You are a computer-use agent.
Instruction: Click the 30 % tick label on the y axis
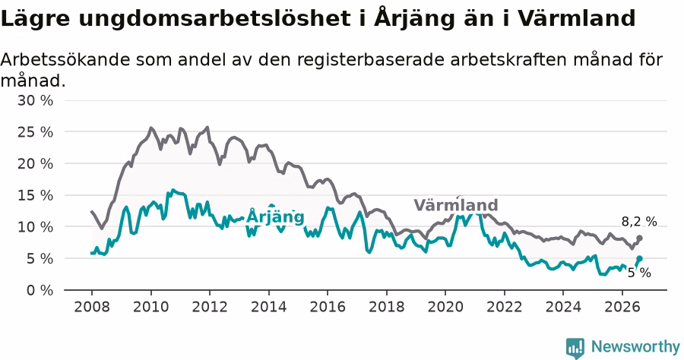[35, 101]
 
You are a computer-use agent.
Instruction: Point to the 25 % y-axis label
[35, 132]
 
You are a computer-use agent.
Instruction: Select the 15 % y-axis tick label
[35, 195]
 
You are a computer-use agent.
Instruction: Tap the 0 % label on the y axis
[40, 290]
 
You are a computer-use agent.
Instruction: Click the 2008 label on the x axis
[92, 307]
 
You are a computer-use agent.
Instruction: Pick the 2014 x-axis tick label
[269, 307]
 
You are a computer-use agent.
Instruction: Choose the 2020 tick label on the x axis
[445, 307]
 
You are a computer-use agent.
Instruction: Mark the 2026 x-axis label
[622, 307]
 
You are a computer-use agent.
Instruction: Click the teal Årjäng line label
[275, 216]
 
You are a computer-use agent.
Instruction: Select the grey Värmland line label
[456, 205]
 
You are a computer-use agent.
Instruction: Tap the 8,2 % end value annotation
[639, 222]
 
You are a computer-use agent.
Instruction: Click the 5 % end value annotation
[639, 273]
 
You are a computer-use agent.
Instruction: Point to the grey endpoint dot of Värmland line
[639, 238]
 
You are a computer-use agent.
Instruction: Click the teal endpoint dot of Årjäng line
[639, 258]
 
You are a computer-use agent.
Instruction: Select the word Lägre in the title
[35, 19]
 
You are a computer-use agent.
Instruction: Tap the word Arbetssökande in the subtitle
[65, 59]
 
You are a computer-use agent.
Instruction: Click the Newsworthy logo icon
[575, 349]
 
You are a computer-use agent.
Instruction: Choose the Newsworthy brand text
[635, 347]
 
